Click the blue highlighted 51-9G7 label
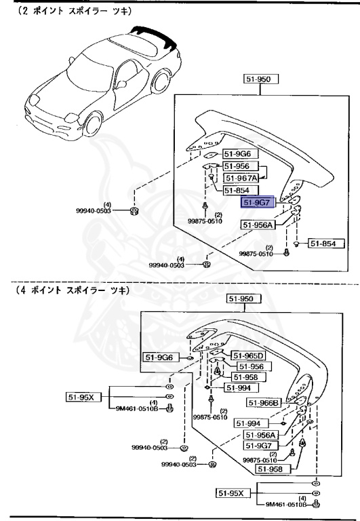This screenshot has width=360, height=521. pyautogui.click(x=258, y=202)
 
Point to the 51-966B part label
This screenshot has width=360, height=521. pyautogui.click(x=264, y=402)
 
